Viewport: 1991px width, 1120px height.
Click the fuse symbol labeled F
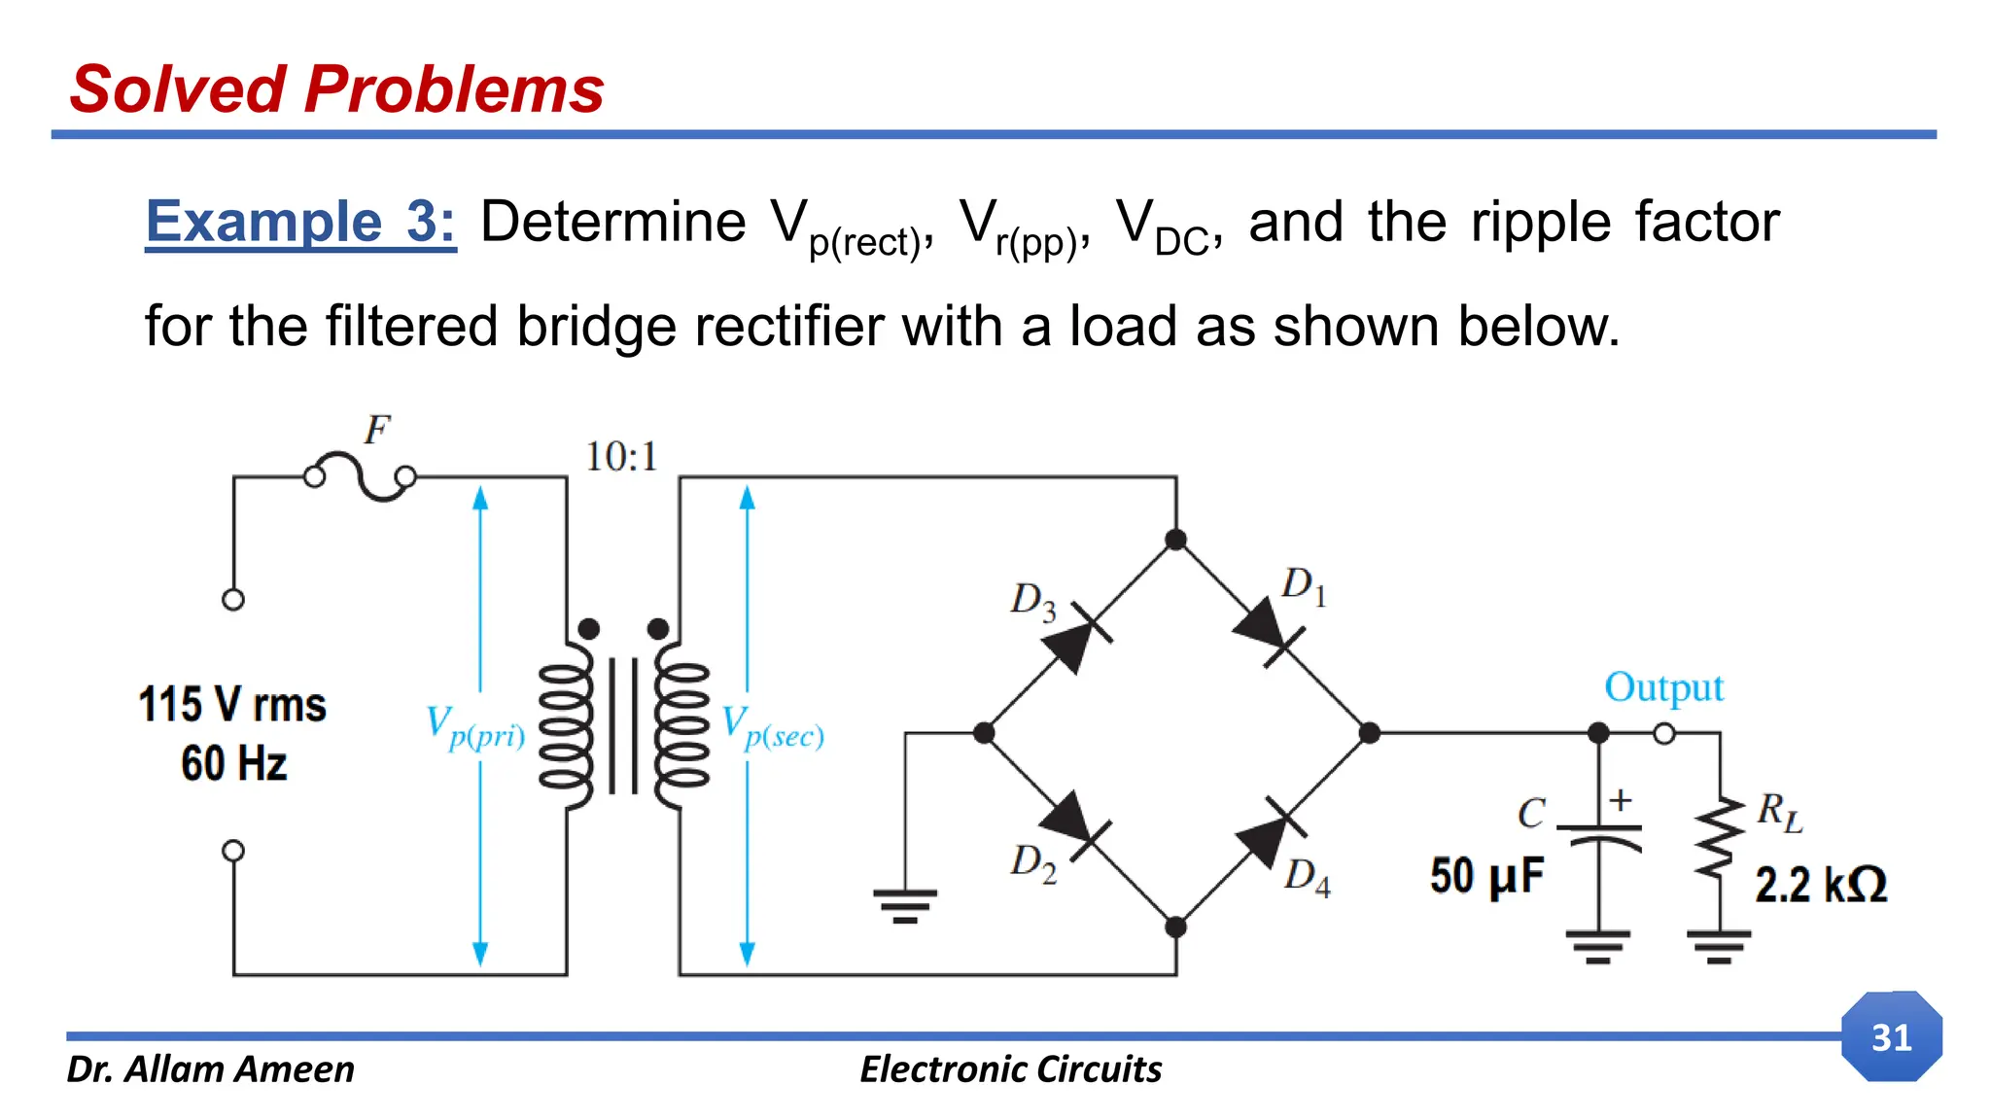point(360,476)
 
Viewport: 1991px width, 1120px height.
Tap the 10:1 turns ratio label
point(621,457)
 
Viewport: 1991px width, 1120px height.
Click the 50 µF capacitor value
point(1486,876)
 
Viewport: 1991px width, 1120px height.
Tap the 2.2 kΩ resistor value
point(1820,885)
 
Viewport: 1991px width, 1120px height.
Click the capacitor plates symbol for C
point(1599,834)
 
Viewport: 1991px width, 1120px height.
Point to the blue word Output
point(1663,687)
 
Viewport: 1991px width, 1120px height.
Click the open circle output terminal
point(1664,733)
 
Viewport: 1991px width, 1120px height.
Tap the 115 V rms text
point(232,705)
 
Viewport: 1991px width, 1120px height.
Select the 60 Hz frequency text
point(234,763)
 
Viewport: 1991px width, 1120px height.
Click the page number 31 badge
point(1891,1036)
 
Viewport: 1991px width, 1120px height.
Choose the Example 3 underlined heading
point(300,222)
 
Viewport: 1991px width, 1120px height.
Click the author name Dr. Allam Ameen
point(210,1069)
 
